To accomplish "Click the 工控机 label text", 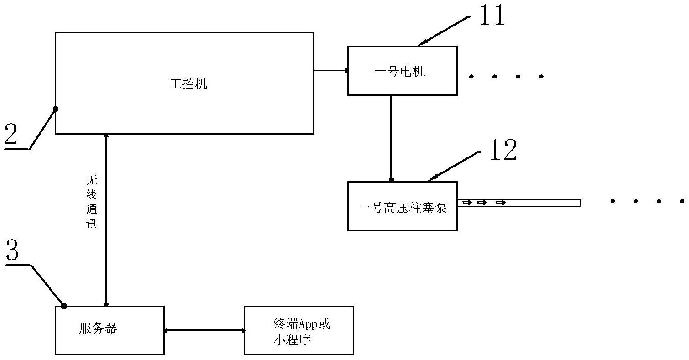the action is point(188,84).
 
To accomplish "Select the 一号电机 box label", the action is point(399,71).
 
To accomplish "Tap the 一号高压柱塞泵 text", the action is point(403,208).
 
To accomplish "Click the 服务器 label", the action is point(98,329).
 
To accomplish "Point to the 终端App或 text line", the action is point(302,324).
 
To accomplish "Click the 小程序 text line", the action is point(292,340).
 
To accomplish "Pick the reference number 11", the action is point(492,15).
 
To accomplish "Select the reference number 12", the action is point(503,150).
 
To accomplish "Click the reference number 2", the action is point(11,134).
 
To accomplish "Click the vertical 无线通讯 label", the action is point(92,202).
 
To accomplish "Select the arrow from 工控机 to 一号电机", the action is point(331,70).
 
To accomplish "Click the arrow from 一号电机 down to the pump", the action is point(391,138).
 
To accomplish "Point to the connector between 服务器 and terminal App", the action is point(205,330).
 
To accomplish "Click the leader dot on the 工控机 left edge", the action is point(56,109).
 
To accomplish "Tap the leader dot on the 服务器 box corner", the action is point(64,306).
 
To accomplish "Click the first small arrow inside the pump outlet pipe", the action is point(467,203).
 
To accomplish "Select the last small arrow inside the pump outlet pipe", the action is point(501,203).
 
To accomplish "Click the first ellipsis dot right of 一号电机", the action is point(471,77).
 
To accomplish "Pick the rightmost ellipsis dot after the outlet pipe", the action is point(682,202).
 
